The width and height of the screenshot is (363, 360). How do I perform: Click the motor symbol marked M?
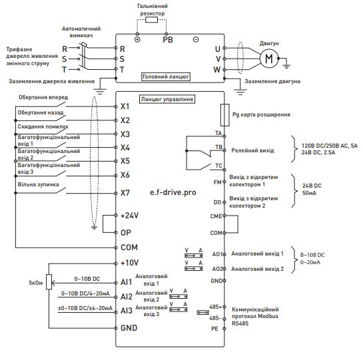269,58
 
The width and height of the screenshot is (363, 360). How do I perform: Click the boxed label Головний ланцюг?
166,77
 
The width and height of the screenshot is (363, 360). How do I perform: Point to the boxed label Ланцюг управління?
167,99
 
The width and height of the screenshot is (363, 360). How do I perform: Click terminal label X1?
125,106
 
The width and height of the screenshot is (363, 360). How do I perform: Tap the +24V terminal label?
129,216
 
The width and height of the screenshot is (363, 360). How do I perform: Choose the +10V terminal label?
129,263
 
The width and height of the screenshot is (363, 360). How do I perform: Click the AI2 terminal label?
126,295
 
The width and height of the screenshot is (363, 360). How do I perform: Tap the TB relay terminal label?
218,146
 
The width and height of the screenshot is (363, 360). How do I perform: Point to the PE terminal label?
215,328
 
